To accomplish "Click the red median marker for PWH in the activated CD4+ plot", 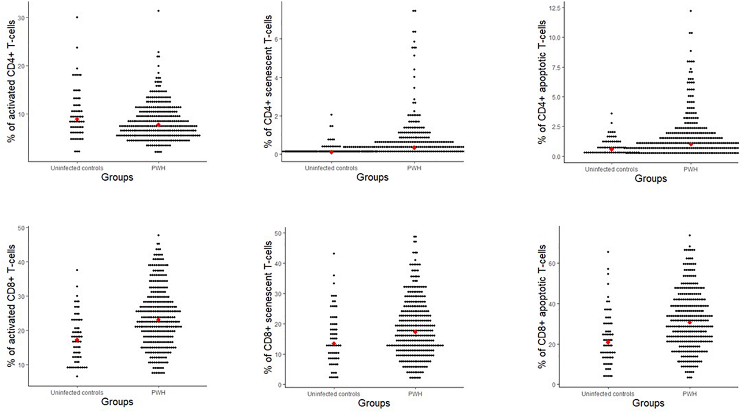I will (x=158, y=125).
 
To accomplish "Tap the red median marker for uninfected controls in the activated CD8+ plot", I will (x=77, y=340).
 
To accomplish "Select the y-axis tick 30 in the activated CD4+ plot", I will (x=21, y=18).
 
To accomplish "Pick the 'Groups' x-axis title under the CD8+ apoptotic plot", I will (x=648, y=403).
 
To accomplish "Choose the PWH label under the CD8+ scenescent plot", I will (x=415, y=394).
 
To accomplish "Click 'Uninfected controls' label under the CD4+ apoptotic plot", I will (x=611, y=169).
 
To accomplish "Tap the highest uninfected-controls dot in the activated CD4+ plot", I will (x=77, y=17).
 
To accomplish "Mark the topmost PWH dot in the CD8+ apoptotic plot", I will (x=690, y=235).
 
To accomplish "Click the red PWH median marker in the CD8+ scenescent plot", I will (x=415, y=332).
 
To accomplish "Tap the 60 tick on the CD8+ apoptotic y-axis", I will (x=552, y=263).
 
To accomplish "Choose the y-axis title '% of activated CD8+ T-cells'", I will (x=11, y=305).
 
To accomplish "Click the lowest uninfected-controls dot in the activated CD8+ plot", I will (x=77, y=376).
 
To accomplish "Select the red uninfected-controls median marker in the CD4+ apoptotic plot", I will (x=611, y=149).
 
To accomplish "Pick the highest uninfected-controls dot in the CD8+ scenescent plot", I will (x=334, y=254).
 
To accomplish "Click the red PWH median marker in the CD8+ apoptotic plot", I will (x=690, y=322).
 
